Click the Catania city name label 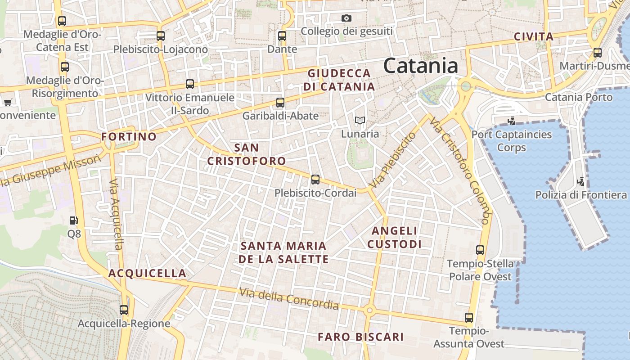(421, 66)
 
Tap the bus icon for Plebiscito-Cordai (315, 180)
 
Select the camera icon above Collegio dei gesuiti (346, 18)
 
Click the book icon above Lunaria (360, 120)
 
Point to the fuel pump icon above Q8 (73, 220)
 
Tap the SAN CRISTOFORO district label (247, 154)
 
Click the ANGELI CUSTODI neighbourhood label (395, 237)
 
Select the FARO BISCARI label (360, 337)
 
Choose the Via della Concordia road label (289, 299)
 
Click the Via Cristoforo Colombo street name (459, 171)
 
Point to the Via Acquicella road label (116, 214)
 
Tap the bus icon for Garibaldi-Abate (280, 103)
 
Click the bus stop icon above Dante (282, 36)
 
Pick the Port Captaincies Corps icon (511, 121)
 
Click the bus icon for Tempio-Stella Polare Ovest (480, 250)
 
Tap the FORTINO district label (129, 136)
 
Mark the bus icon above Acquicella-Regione (124, 310)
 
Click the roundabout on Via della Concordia (369, 310)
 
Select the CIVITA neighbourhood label (534, 36)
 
